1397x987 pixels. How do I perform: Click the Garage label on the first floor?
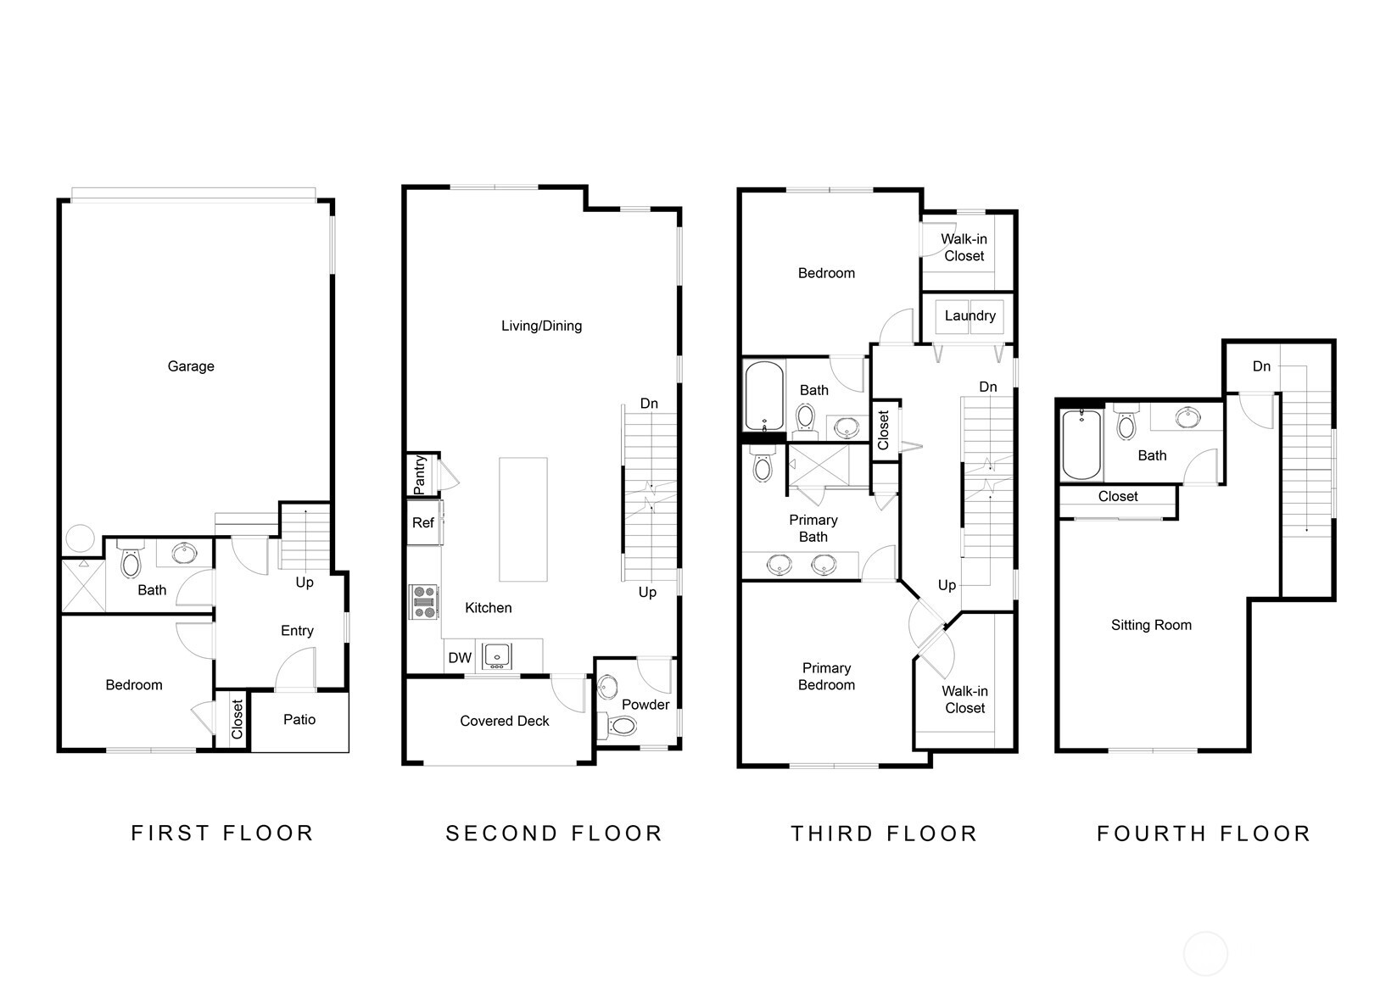190,366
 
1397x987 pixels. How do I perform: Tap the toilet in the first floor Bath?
131,560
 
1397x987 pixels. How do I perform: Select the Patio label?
299,720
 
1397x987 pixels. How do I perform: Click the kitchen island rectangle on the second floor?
522,519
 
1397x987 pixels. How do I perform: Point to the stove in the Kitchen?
423,601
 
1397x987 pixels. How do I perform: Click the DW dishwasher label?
460,658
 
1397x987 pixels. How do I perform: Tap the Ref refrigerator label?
422,523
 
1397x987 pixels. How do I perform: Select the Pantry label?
420,475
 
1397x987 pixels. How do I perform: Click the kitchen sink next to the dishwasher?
497,655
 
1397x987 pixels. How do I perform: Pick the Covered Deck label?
505,722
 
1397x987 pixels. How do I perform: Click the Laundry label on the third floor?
970,316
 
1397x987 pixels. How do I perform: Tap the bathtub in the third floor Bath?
764,396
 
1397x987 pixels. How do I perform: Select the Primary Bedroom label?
826,677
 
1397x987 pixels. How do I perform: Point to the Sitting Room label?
1151,626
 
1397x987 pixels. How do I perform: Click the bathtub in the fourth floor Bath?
1081,444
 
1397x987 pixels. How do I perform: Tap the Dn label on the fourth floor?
1261,366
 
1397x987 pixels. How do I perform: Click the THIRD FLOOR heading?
884,834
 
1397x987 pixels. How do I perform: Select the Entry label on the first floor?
297,631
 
